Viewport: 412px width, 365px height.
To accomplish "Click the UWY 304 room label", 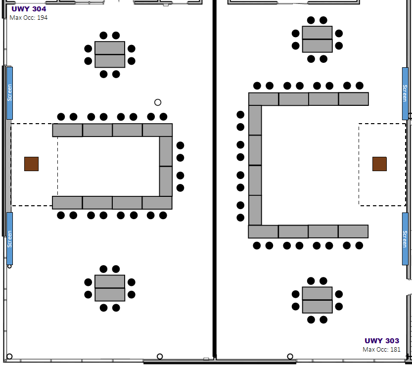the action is tap(29, 9).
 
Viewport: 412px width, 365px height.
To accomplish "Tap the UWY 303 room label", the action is tap(382, 341).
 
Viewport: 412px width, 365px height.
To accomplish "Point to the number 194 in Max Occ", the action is tap(43, 18).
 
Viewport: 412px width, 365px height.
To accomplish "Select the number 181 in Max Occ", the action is tap(395, 350).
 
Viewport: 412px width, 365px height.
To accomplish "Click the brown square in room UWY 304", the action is tap(31, 164).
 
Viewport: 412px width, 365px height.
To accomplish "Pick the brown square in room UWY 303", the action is tap(379, 164).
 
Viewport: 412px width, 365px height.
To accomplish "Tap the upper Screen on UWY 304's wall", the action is tap(10, 93).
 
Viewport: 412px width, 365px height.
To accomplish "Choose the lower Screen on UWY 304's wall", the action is tap(10, 238).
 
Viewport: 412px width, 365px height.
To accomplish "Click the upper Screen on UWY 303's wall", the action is tap(405, 93).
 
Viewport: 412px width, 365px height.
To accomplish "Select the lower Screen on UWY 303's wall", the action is tap(405, 239).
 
